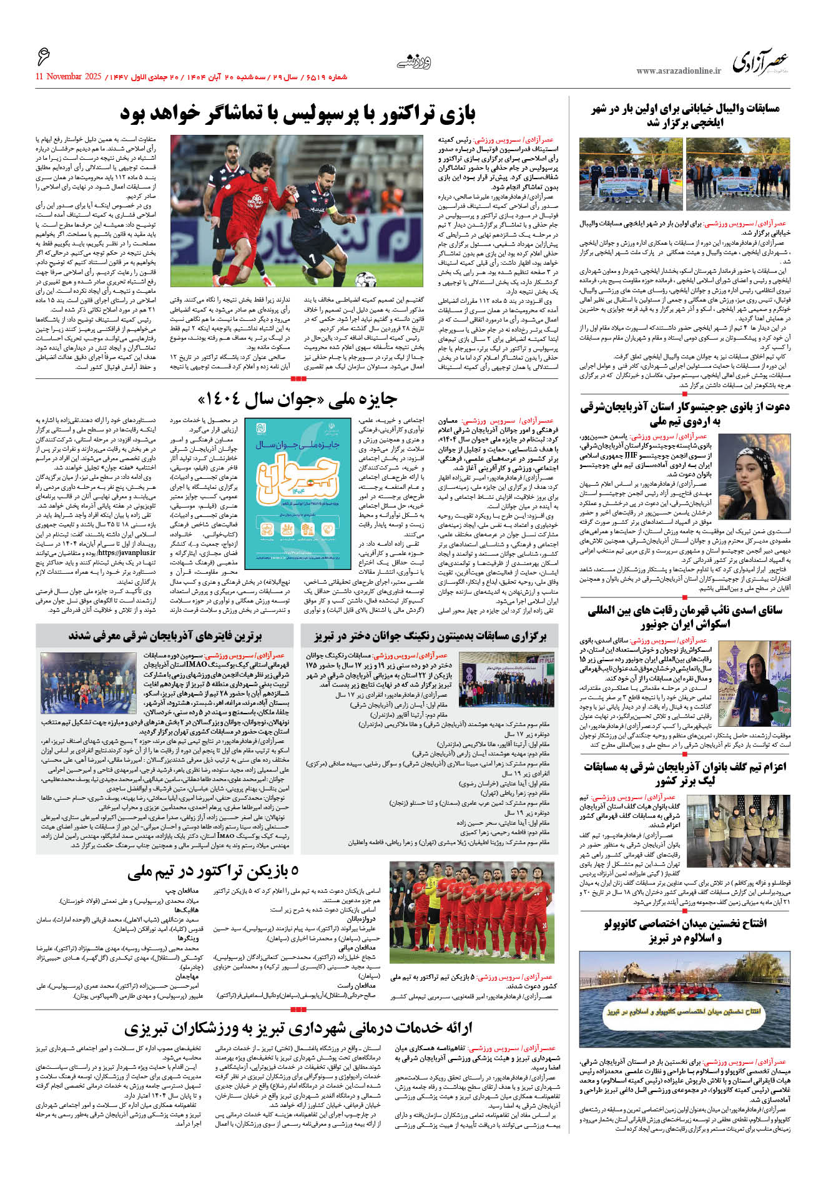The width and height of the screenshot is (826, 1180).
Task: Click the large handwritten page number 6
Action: [x=43, y=57]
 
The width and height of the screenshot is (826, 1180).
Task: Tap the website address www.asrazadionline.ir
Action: [x=679, y=71]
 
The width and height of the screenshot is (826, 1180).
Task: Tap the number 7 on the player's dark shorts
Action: [x=312, y=257]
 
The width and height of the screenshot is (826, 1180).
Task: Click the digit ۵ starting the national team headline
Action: [x=294, y=872]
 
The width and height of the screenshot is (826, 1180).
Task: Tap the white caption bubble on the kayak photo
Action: [x=684, y=1011]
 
